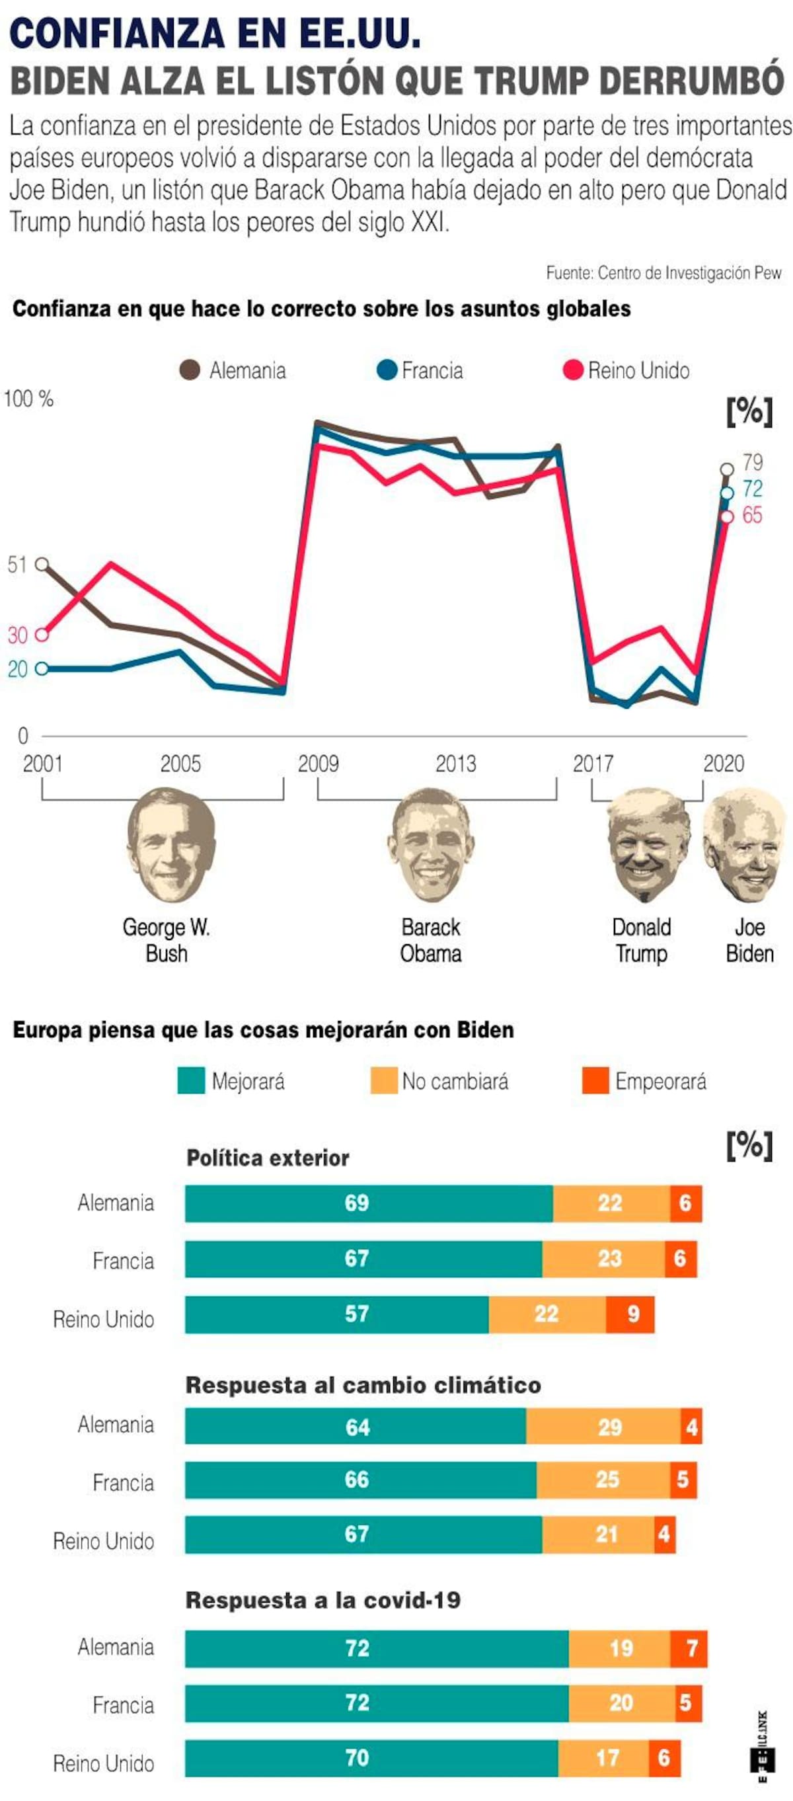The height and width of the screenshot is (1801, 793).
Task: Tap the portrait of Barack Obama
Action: (x=430, y=844)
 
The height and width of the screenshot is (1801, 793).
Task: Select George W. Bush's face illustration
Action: (x=171, y=844)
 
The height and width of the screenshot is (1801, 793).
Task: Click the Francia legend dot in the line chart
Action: (x=387, y=370)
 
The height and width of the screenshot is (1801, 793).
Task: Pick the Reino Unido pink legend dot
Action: (x=573, y=370)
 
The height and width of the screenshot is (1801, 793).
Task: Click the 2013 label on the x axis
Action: (x=455, y=764)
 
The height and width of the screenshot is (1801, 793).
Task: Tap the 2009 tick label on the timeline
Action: (x=318, y=764)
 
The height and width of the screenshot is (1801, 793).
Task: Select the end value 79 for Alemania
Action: (x=753, y=462)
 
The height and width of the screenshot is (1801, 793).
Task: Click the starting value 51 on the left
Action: (x=17, y=565)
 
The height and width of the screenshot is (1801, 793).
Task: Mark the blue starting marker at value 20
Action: (x=42, y=669)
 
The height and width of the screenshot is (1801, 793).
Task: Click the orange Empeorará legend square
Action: (x=595, y=1081)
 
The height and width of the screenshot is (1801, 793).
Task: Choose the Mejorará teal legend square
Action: (x=192, y=1081)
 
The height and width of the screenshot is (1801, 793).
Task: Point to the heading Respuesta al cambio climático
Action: (x=363, y=1385)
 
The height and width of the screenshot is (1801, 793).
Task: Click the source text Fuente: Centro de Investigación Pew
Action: (x=663, y=272)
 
